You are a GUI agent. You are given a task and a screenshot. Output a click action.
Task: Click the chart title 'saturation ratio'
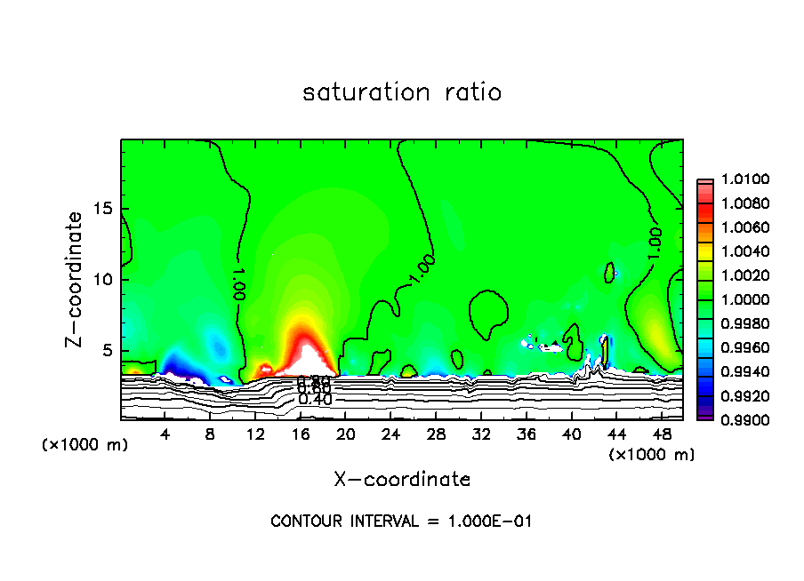coord(402,92)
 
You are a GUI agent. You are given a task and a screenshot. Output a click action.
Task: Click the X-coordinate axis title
coord(402,480)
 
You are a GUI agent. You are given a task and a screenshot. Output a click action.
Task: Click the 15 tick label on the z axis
coord(104,209)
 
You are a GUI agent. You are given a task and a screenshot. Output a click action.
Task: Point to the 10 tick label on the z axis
coord(104,280)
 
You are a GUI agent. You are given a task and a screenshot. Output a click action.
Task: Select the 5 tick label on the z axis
coord(109,351)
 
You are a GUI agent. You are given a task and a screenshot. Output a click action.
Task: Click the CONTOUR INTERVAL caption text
coord(401,521)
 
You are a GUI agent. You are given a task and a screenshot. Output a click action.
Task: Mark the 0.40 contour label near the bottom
coord(315,400)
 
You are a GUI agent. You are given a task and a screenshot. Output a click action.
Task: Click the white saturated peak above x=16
coord(307,358)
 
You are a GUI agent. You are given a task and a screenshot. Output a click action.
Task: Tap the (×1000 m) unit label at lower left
coord(85,444)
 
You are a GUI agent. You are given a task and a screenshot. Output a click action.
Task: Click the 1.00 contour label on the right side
coord(655,243)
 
